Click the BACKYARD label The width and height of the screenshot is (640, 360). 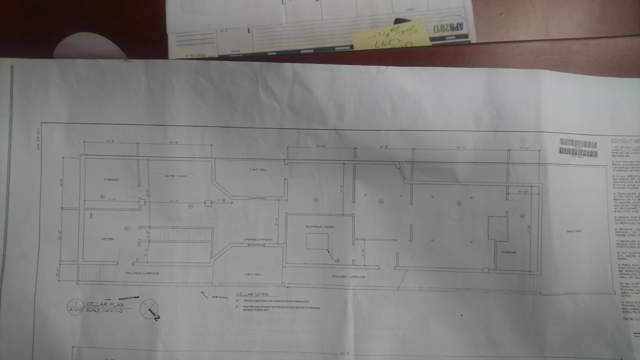574,231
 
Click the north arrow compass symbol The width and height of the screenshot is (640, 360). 149,309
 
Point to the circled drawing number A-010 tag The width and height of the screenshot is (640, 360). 74,307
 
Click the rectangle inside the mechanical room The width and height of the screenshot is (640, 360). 317,241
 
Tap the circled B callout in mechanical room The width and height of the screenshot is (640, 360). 337,258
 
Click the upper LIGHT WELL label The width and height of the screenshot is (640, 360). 258,170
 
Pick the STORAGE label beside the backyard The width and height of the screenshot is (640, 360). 506,252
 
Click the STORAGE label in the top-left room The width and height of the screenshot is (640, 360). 111,179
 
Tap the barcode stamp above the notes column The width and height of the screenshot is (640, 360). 578,147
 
